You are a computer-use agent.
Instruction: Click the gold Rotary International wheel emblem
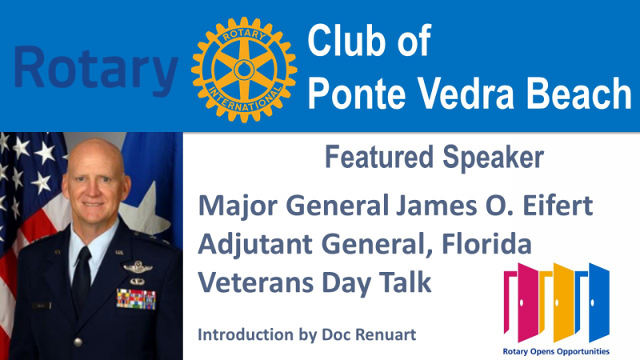[x=244, y=70]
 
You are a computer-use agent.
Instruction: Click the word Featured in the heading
[x=378, y=157]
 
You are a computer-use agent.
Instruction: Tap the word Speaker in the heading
[x=493, y=158]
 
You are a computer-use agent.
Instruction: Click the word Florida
[x=486, y=244]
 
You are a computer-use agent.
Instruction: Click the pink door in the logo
[x=522, y=302]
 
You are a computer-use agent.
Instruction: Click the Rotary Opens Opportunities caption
[x=556, y=351]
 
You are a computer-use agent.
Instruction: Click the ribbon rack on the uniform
[x=136, y=298]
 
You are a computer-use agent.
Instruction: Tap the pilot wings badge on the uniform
[x=138, y=267]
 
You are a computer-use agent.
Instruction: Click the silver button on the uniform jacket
[x=78, y=342]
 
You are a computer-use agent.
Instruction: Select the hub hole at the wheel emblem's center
[x=244, y=70]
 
